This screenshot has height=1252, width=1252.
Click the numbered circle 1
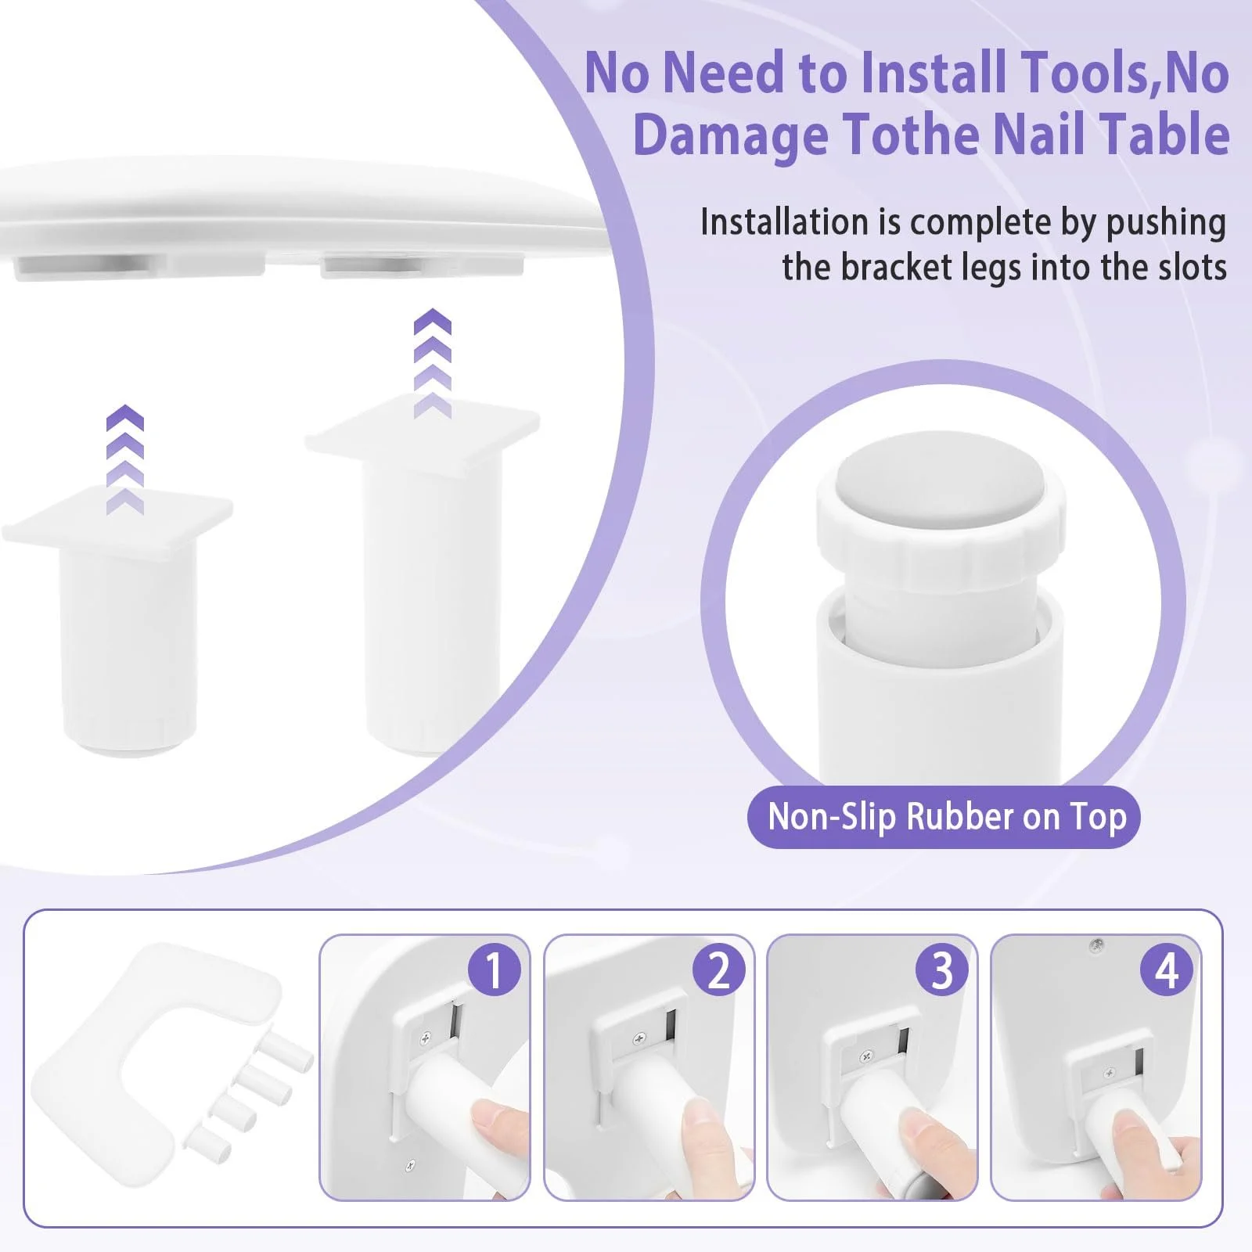tap(494, 970)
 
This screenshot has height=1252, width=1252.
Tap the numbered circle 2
tap(718, 970)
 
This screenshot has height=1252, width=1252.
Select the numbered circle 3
tap(942, 970)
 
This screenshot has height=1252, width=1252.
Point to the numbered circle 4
tap(1167, 970)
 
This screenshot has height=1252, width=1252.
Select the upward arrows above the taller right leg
tap(433, 363)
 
